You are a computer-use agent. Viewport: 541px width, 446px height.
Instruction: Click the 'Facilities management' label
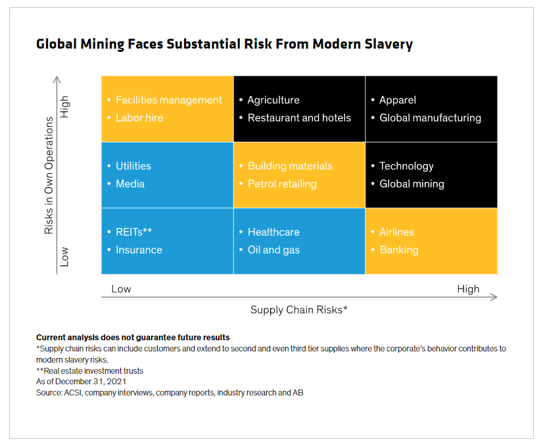point(168,100)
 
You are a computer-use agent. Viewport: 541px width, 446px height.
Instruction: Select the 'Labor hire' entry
point(139,118)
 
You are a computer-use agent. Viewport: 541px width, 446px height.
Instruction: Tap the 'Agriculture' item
point(273,100)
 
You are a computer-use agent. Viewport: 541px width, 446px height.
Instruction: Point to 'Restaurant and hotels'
point(299,118)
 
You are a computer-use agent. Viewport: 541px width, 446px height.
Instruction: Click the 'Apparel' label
point(398,100)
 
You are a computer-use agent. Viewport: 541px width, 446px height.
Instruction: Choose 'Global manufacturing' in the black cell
point(430,118)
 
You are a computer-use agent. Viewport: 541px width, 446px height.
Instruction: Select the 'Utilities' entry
point(133,166)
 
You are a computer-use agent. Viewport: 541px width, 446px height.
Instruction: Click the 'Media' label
point(130,184)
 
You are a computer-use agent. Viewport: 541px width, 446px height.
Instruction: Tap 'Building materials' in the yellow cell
point(290,166)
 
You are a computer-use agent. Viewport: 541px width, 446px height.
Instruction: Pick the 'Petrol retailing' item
point(282,184)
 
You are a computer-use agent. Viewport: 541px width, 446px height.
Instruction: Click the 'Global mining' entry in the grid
point(412,184)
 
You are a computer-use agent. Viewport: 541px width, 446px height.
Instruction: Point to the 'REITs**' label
point(134,232)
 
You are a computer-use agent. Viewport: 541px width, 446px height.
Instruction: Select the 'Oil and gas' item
point(273,250)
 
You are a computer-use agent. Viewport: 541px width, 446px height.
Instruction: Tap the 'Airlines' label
point(396,232)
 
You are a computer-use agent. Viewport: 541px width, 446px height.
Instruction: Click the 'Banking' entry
point(398,250)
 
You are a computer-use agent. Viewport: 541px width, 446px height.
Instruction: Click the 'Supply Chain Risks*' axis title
point(298,309)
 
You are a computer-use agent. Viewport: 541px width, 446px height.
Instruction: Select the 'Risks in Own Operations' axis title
point(49,175)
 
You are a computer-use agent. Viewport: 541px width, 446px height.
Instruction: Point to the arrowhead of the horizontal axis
point(494,297)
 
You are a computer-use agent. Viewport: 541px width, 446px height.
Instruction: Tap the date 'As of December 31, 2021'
point(81,382)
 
